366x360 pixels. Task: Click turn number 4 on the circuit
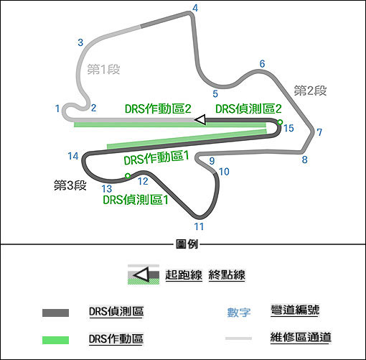point(195,9)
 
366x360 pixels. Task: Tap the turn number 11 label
point(199,226)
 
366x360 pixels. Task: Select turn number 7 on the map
point(319,132)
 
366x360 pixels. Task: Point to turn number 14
point(73,156)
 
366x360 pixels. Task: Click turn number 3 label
point(80,42)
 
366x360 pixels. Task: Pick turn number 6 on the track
point(262,64)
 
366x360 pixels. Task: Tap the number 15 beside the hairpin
point(288,128)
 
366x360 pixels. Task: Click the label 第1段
point(103,70)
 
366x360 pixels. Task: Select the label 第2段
point(310,91)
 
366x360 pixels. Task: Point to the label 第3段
point(70,185)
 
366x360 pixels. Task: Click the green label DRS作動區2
point(158,109)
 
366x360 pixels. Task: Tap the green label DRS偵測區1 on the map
point(136,200)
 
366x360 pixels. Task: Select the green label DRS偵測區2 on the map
point(248,109)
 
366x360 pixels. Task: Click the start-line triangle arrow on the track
point(200,119)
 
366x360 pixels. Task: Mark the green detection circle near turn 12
point(128,176)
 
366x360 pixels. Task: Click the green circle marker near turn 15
point(280,122)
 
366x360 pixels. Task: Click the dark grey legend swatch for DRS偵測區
point(55,313)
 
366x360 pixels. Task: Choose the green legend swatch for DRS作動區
point(55,340)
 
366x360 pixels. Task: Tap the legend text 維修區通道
point(301,337)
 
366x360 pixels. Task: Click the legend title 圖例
point(187,244)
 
